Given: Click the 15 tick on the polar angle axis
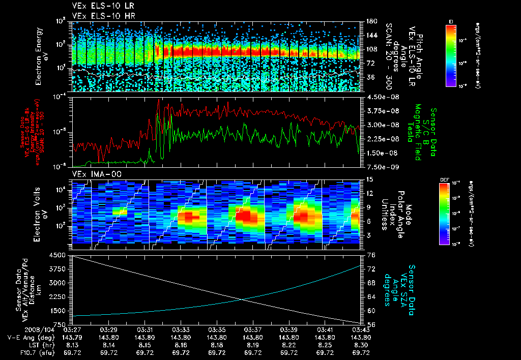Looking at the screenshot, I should click(x=367, y=179).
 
